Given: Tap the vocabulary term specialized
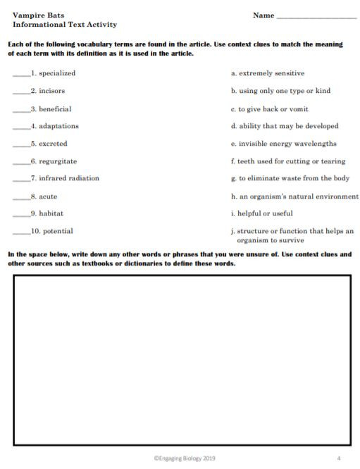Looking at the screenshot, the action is click(57, 73).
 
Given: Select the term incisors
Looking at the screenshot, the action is click(52, 91).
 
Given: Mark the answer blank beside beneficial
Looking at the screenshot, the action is click(21, 110).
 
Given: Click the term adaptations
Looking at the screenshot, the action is click(58, 126).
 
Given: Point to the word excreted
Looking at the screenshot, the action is click(54, 144).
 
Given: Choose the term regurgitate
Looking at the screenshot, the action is click(58, 161).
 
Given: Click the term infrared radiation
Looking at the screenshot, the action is click(69, 178).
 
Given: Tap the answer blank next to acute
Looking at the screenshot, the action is click(21, 197).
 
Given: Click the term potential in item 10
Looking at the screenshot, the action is click(56, 231).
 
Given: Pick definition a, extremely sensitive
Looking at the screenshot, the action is click(268, 73).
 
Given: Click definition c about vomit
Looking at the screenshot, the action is click(269, 109).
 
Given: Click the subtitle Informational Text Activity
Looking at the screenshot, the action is click(65, 25).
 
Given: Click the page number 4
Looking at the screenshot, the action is click(338, 458).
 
